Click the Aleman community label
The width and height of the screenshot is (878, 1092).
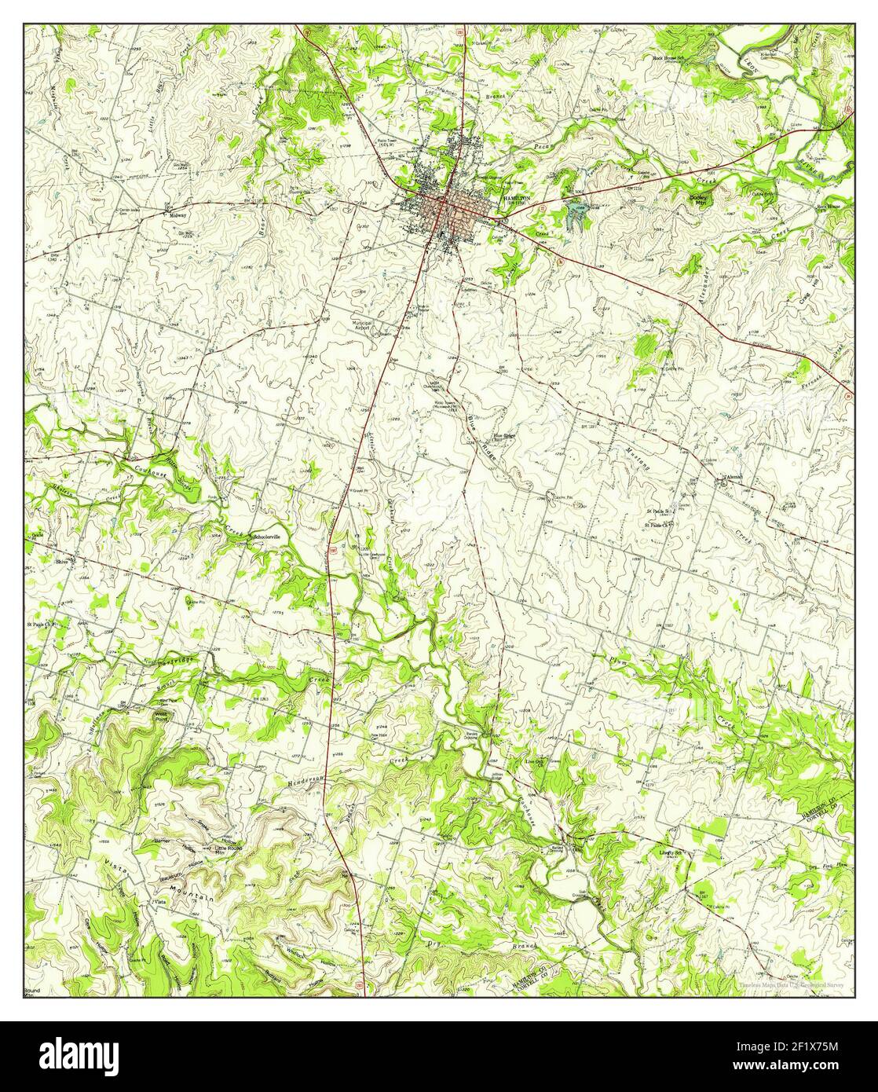pyautogui.click(x=730, y=478)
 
